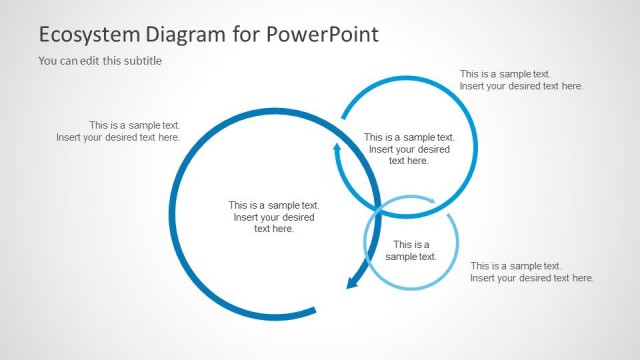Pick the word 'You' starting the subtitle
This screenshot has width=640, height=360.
(x=48, y=61)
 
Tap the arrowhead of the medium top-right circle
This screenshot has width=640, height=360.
(x=337, y=150)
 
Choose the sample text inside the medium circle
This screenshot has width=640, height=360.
(x=409, y=149)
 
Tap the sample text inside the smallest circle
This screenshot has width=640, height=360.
(x=411, y=250)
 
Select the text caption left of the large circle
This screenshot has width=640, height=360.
(x=119, y=131)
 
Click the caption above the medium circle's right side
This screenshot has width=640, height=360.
(x=521, y=80)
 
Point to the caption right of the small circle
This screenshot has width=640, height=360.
(x=532, y=272)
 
